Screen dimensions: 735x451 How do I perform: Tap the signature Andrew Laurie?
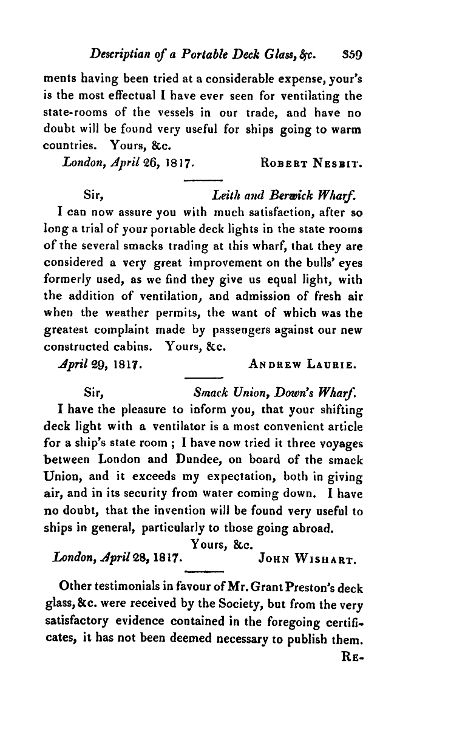(x=302, y=365)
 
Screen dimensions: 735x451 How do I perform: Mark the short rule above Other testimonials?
(x=203, y=572)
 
